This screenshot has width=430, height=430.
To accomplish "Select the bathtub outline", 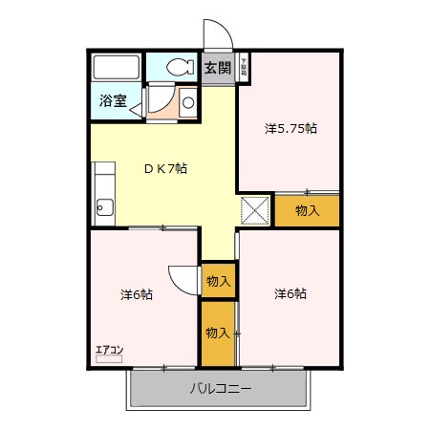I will pos(117,68).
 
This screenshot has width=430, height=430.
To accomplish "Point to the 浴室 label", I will pos(114,101).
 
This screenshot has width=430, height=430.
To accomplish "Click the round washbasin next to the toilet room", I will pos(187,101).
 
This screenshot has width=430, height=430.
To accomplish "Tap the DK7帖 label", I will pos(165,169).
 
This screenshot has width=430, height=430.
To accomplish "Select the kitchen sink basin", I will pos(103,207).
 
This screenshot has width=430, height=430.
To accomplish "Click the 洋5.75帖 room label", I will pos(290,128).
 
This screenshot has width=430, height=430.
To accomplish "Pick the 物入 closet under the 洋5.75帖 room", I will pos(307,210).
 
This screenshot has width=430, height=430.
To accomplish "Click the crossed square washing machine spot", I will pos(255,208).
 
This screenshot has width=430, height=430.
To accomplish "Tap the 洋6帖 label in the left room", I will pos(137,294).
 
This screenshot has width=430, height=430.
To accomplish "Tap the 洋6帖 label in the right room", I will pos(290,293).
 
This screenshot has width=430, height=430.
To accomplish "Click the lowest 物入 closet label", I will pos(218,333).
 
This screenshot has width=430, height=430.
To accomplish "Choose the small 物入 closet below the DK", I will pos(218,281).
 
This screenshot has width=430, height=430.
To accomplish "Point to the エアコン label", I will pos(109,349).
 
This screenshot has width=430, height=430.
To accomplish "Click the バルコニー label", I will pos(220,389).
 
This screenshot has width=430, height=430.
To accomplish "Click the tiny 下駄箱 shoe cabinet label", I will pos(244,67).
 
